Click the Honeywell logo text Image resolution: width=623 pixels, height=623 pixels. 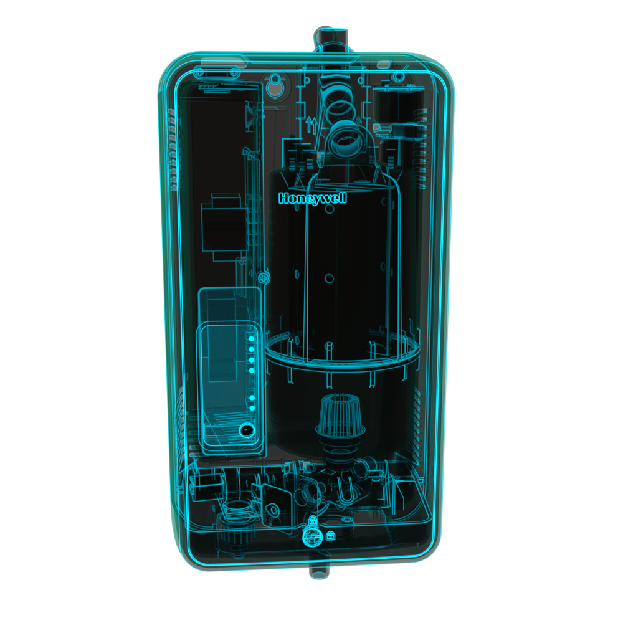click(x=312, y=198)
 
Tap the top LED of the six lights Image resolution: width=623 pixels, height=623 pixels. click(x=251, y=338)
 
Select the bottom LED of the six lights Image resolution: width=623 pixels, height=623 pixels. click(x=252, y=408)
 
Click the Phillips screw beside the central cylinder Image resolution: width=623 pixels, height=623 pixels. click(x=264, y=278)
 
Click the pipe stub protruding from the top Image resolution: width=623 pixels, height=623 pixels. click(x=331, y=40)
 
